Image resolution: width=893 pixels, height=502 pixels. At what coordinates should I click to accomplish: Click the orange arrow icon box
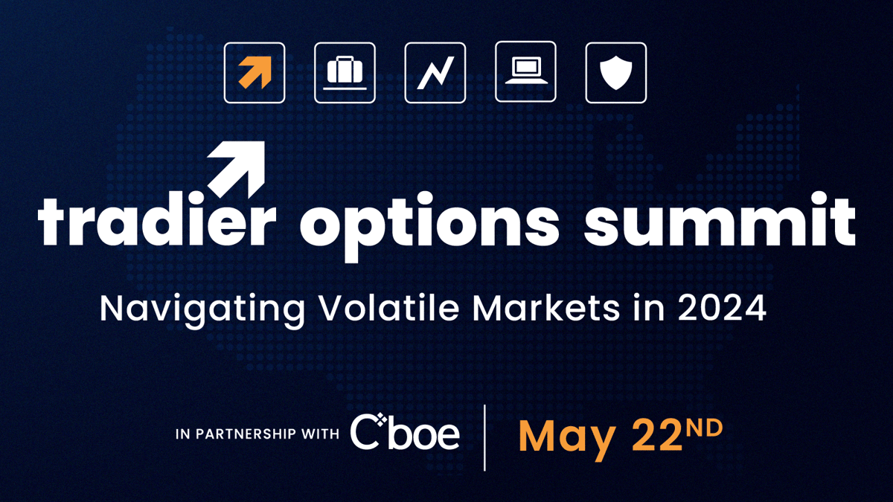coord(255,73)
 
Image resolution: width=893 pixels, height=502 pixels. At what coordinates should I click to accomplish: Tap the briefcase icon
coord(345,73)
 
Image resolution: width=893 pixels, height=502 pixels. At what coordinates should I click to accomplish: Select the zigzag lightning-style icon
coord(435,73)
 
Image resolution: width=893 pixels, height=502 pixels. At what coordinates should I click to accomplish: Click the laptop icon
coord(526,71)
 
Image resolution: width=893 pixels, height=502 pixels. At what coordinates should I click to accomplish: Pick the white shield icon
coord(616,73)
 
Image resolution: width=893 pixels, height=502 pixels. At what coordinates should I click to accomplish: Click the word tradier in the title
coord(157,219)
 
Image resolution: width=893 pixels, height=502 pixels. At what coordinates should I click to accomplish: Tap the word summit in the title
coord(720,219)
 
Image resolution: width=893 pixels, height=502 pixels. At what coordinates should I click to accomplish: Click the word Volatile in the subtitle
coord(390,308)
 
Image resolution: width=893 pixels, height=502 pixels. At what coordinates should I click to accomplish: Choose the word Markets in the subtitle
coord(546,308)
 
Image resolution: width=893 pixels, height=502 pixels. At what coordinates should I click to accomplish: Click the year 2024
coord(722,308)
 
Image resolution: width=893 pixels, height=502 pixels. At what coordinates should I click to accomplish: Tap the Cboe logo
coord(405,431)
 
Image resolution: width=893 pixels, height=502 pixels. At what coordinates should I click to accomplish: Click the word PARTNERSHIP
coord(246,434)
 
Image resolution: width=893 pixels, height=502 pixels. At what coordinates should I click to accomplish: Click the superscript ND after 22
coord(705,428)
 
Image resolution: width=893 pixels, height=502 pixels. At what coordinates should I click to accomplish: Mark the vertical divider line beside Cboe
coord(484,438)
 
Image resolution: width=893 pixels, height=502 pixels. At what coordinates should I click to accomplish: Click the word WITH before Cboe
coord(320,434)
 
